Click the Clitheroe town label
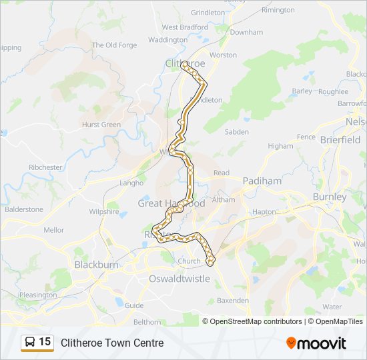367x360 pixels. click(185, 63)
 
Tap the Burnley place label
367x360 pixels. click(330, 197)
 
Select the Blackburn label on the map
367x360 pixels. click(97, 264)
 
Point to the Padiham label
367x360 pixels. click(262, 181)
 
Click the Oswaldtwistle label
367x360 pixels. click(179, 279)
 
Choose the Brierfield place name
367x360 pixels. click(340, 140)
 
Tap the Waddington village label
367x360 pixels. click(168, 40)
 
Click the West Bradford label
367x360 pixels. click(184, 27)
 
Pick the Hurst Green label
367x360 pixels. click(101, 125)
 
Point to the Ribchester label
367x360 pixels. click(46, 167)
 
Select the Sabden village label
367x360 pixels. click(237, 132)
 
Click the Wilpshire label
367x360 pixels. click(104, 212)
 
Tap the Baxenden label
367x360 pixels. click(233, 301)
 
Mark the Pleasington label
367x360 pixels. click(38, 295)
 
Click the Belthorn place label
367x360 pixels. click(147, 321)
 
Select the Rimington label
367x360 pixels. click(278, 10)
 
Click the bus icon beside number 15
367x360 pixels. click(30, 343)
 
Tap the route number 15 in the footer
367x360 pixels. click(45, 342)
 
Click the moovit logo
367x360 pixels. click(316, 343)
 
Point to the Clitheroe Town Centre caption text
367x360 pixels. click(112, 343)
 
